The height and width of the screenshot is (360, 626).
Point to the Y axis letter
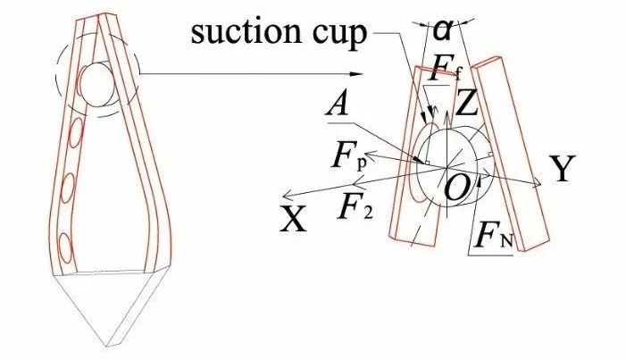[x=561, y=170]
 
